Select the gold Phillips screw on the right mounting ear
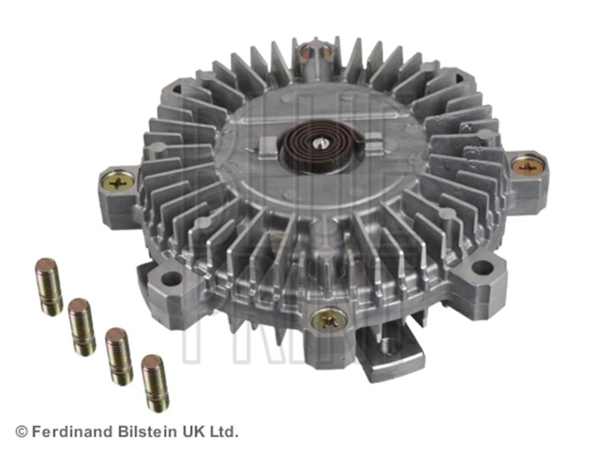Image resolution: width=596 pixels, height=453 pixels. [x=526, y=167]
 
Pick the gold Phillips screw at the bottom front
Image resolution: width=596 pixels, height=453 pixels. [x=329, y=319]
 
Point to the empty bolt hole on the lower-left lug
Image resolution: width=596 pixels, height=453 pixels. [x=169, y=278]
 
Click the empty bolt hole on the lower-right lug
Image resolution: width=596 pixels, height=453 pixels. [x=481, y=269]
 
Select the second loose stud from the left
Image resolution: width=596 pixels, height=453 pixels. [x=82, y=326]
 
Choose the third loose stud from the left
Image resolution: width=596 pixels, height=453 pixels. [x=118, y=355]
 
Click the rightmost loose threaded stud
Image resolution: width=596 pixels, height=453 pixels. [x=155, y=382]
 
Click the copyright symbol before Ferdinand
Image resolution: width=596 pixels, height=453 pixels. [x=21, y=432]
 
